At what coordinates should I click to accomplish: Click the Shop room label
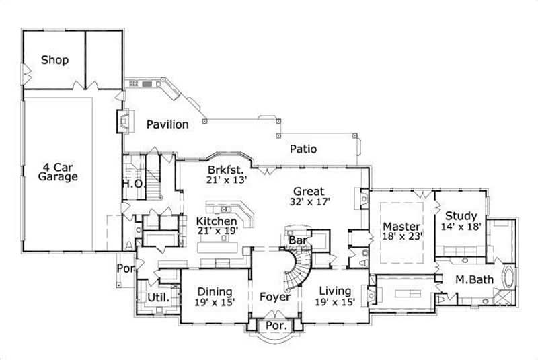tap(55, 60)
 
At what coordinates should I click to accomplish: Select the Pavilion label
tap(167, 124)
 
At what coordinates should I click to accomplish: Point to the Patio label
tap(303, 149)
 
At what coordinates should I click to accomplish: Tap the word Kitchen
tap(217, 221)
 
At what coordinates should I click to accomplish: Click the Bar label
tap(297, 240)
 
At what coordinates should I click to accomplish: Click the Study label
tap(461, 216)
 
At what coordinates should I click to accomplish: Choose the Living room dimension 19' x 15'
tap(335, 302)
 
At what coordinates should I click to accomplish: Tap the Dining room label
tap(215, 292)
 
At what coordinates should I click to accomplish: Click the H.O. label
tap(130, 183)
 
